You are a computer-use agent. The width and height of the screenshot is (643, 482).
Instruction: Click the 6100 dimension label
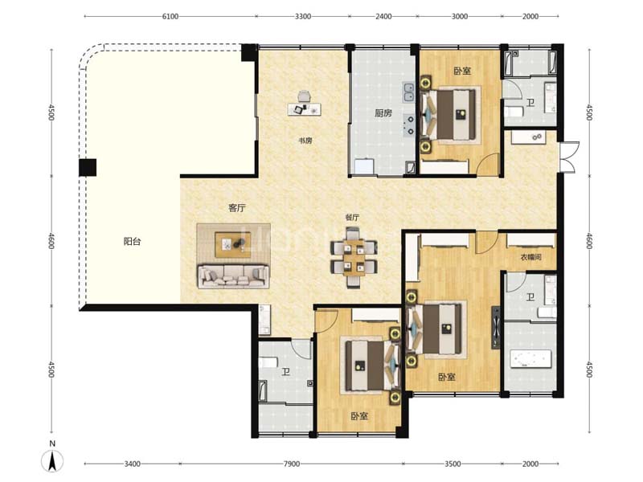pyautogui.click(x=170, y=16)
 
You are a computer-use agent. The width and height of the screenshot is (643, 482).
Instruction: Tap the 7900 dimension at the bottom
pyautogui.click(x=291, y=464)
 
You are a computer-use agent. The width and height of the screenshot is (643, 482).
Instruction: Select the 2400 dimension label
pyautogui.click(x=383, y=16)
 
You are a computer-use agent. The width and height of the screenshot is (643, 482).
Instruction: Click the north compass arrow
pyautogui.click(x=52, y=460)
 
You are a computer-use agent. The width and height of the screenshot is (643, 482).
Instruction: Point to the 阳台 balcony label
pyautogui.click(x=132, y=241)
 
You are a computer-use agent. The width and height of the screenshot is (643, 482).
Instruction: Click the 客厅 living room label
pyautogui.click(x=236, y=208)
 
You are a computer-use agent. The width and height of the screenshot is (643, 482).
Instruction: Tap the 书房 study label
pyautogui.click(x=305, y=141)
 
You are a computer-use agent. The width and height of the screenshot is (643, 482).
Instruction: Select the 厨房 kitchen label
pyautogui.click(x=383, y=112)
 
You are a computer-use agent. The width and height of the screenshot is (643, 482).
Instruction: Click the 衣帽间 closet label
pyautogui.click(x=531, y=257)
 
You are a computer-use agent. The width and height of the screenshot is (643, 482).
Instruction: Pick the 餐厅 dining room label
pyautogui.click(x=352, y=218)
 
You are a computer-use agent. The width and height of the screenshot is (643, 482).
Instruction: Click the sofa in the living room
pyautogui.click(x=233, y=276)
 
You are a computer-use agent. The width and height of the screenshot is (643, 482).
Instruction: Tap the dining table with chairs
pyautogui.click(x=354, y=257)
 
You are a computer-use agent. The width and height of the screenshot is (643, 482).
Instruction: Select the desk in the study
pyautogui.click(x=305, y=109)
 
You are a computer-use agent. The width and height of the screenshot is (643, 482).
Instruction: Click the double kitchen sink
pyautogui.click(x=408, y=92)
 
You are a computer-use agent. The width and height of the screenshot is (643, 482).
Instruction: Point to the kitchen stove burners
pyautogui.click(x=410, y=125)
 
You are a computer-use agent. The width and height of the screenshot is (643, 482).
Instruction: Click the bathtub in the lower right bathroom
pyautogui.click(x=530, y=360)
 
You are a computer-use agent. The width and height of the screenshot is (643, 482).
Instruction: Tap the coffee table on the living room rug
pyautogui.click(x=233, y=245)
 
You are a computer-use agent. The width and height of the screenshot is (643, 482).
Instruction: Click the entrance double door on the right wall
pyautogui.click(x=570, y=157)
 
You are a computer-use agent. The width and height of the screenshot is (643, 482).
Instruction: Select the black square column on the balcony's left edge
pyautogui.click(x=88, y=167)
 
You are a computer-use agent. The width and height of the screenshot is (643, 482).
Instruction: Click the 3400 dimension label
pyautogui.click(x=132, y=464)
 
